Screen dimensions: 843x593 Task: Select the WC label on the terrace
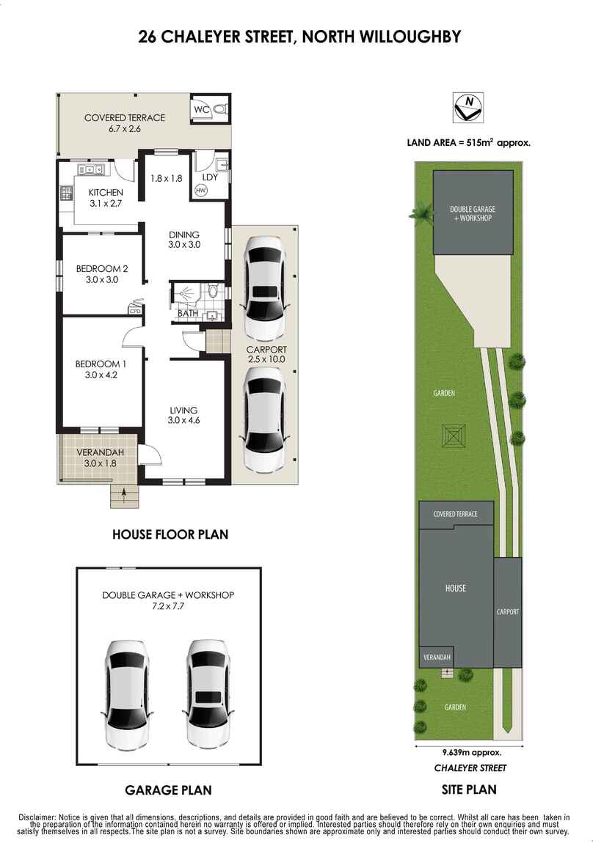[x=202, y=109]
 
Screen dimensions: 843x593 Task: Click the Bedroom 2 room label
[x=97, y=273]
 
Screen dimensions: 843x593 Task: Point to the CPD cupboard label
[x=135, y=310]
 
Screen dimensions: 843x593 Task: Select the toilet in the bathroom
[x=214, y=291]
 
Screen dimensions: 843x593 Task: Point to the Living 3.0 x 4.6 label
[x=183, y=415]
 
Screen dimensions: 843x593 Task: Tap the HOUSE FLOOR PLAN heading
[x=170, y=534]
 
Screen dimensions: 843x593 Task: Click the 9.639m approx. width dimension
[x=471, y=753]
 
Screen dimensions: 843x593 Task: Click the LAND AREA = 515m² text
[x=468, y=143]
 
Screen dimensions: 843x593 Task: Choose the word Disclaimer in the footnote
[x=36, y=817]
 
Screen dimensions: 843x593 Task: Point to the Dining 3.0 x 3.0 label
[x=183, y=240]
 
